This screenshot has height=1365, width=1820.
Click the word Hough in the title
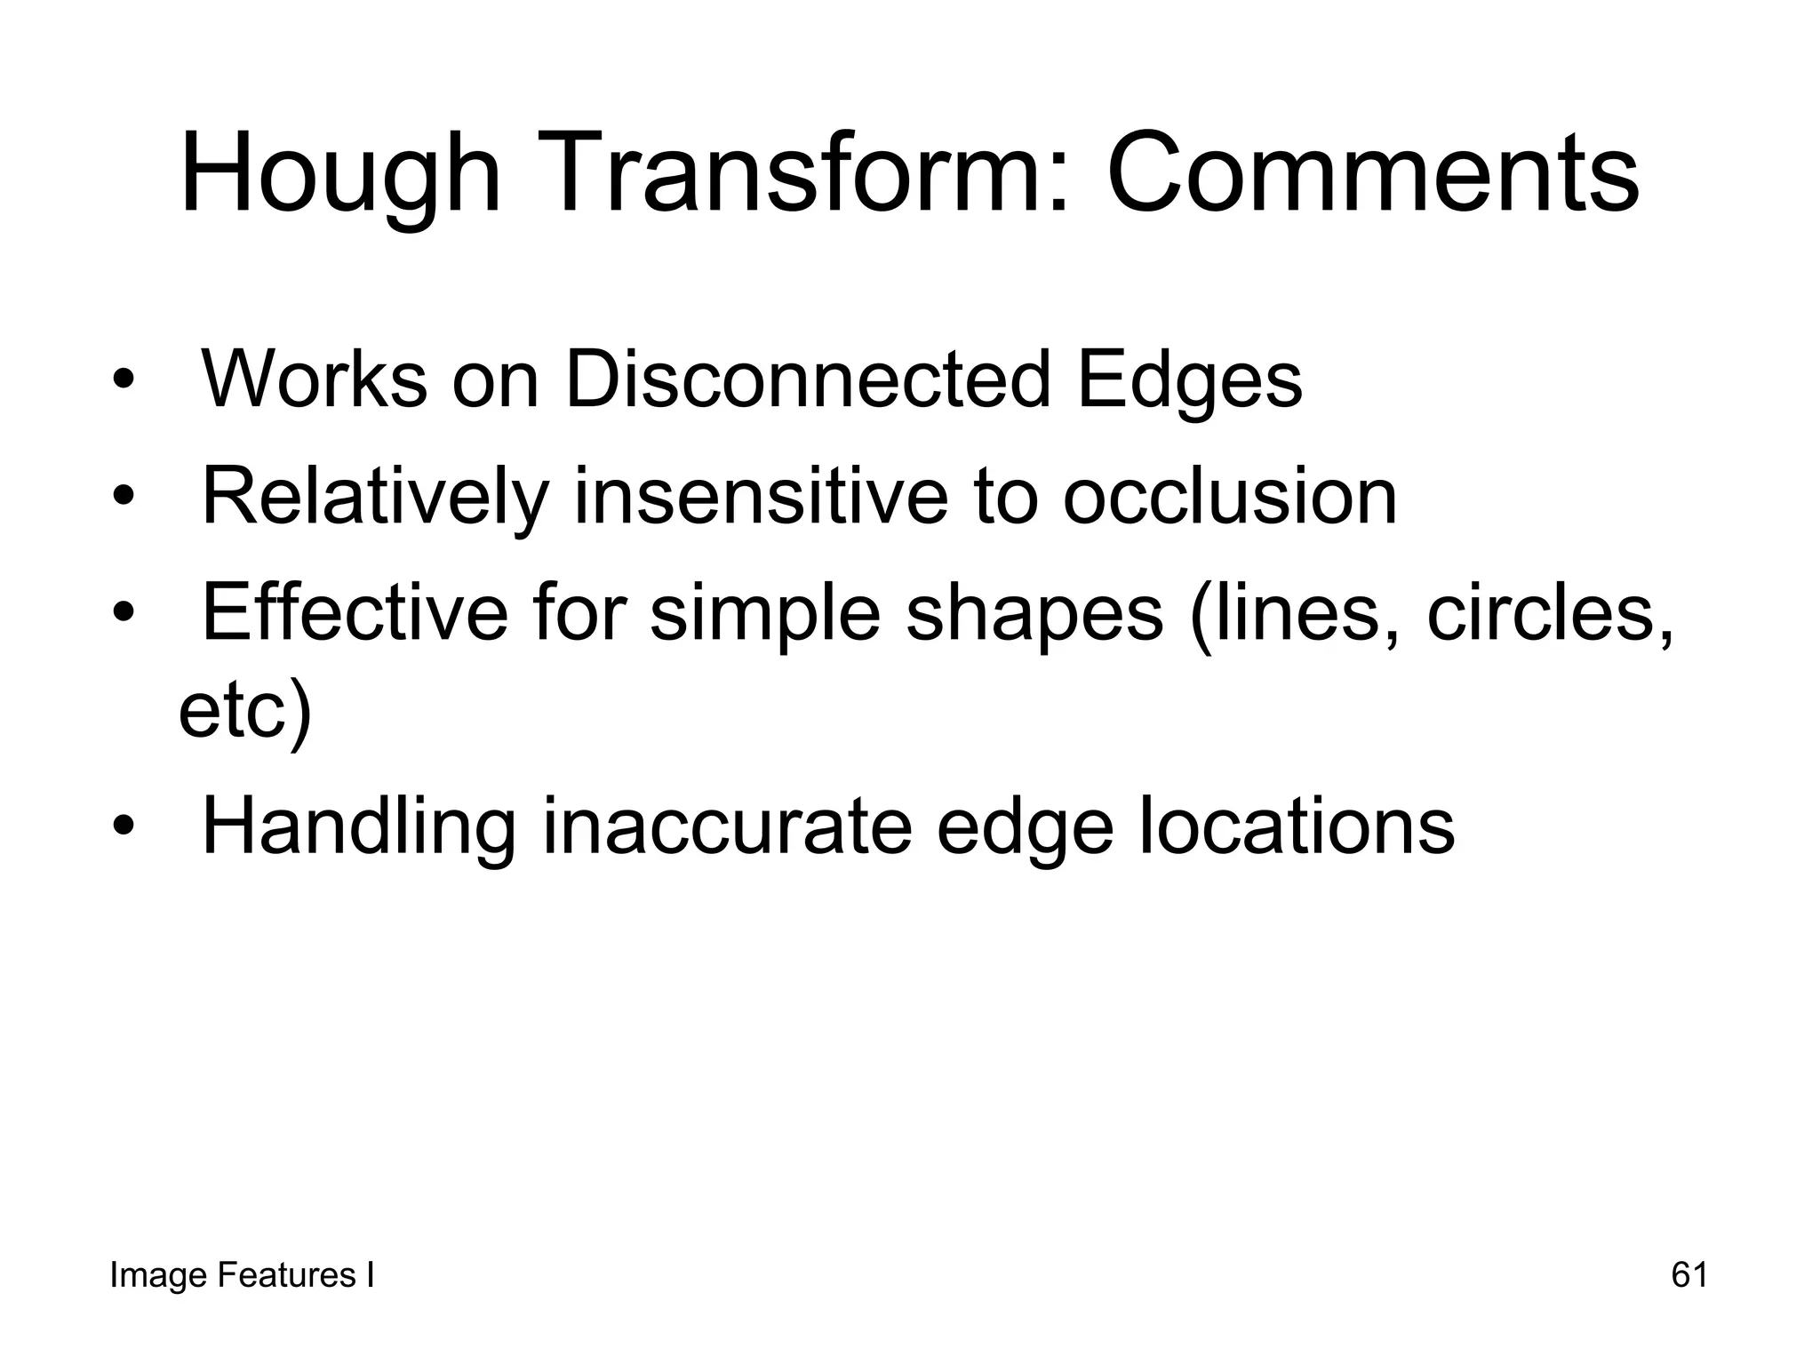[340, 173]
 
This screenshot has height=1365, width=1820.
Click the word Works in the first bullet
[315, 379]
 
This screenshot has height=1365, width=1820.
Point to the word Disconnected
[808, 379]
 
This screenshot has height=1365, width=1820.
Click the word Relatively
[374, 497]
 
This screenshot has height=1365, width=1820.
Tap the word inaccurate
[727, 827]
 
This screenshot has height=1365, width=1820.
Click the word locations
[1297, 826]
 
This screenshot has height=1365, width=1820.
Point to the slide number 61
[1689, 1275]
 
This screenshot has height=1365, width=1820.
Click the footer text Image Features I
[242, 1275]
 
